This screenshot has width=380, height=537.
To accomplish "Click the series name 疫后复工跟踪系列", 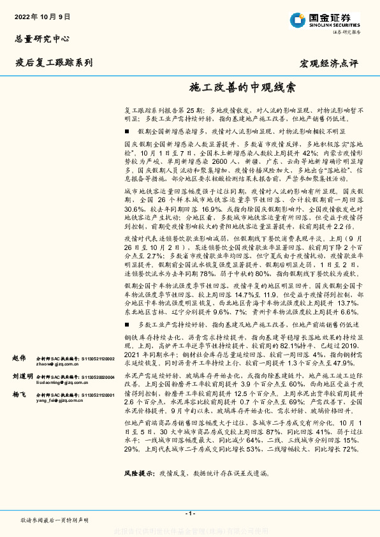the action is (x=54, y=63).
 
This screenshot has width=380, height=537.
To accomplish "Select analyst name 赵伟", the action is (x=20, y=358).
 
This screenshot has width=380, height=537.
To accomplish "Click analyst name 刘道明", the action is (x=22, y=376).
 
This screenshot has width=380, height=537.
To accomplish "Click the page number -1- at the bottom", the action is (x=189, y=513).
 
